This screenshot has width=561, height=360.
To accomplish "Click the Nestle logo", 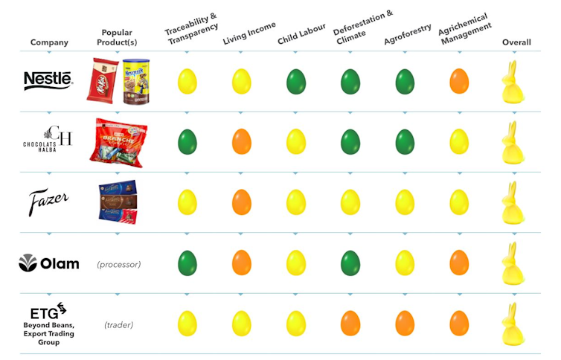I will point(48,80).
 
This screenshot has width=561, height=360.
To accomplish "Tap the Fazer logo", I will point(49,202).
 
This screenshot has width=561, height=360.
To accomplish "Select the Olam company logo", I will point(49,263).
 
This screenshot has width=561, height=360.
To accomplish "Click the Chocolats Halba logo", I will point(48,141).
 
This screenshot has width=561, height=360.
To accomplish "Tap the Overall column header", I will point(516,42).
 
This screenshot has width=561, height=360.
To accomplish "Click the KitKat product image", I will point(103,80).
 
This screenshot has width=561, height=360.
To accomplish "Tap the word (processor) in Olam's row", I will point(118,264).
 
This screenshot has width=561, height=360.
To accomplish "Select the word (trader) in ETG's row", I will point(118,324).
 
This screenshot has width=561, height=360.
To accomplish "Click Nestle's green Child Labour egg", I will point(296,81).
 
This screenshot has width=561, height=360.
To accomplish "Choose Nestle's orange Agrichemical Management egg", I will point(459,81).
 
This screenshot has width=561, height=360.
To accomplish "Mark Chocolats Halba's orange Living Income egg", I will point(242,141).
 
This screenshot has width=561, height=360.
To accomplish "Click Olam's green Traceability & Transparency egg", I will point(187,263).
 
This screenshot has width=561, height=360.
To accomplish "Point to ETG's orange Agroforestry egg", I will point(405,323).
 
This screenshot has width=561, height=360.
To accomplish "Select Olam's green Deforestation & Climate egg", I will point(350,263).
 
